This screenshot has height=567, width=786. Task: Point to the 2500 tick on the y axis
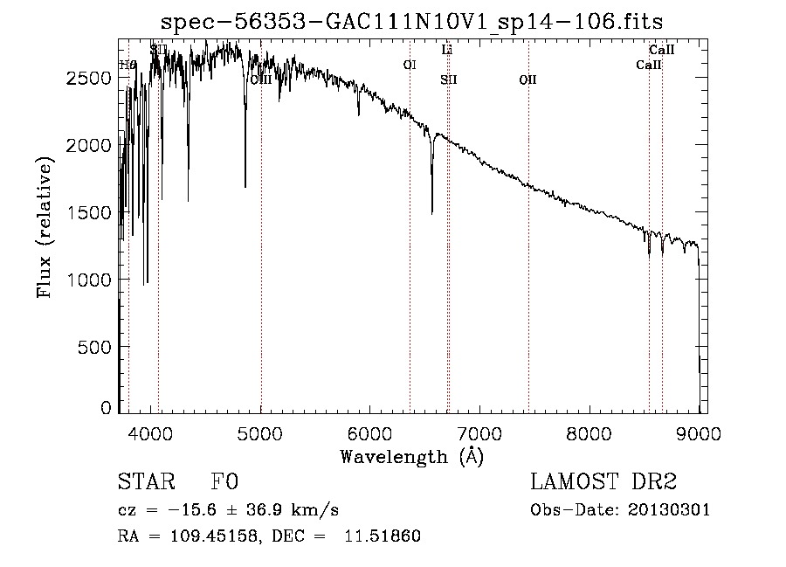pos(119,78)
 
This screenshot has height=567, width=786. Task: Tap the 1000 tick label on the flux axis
pos(90,280)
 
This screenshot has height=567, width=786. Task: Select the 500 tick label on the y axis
pos(96,347)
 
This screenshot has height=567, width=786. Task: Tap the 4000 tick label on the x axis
pos(151,431)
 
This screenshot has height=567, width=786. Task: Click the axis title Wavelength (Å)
pos(411,455)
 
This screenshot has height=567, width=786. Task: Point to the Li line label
pos(446,51)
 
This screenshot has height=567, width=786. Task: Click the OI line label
pos(409,65)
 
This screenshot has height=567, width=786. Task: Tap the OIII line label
pos(260,80)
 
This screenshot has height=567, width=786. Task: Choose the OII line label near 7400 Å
pos(527,80)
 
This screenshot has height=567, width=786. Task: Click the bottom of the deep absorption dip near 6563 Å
pos(431,212)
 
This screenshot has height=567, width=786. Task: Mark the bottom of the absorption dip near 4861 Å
pos(245,186)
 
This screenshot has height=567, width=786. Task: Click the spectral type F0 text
pos(224,482)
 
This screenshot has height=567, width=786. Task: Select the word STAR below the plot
pos(145,482)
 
